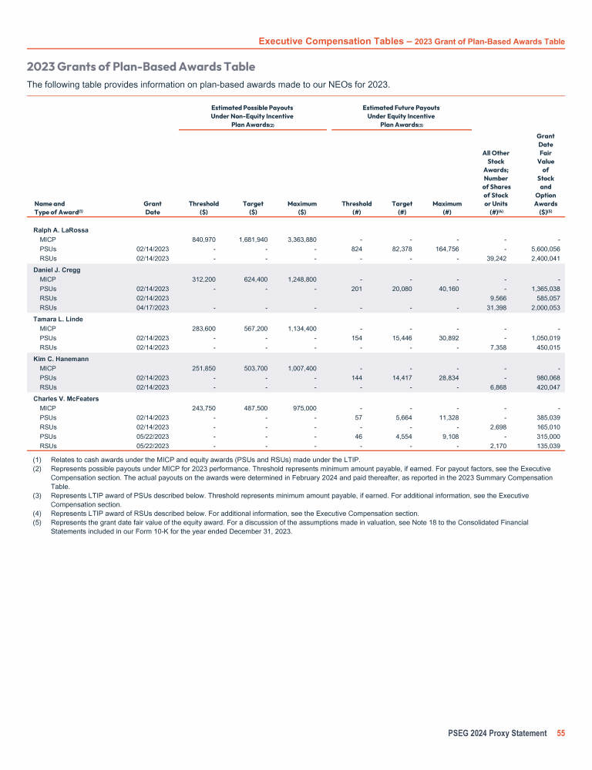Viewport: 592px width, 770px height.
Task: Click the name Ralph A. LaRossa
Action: pos(61,230)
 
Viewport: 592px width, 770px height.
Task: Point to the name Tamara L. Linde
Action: pos(59,318)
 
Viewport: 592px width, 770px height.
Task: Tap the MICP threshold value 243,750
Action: pos(203,407)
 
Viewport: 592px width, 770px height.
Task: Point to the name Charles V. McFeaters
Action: pos(66,398)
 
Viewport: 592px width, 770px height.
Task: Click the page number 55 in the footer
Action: pos(560,733)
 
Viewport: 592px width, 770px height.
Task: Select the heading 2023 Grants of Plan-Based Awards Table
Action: pos(141,67)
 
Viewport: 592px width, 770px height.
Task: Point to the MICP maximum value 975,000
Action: pos(302,407)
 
